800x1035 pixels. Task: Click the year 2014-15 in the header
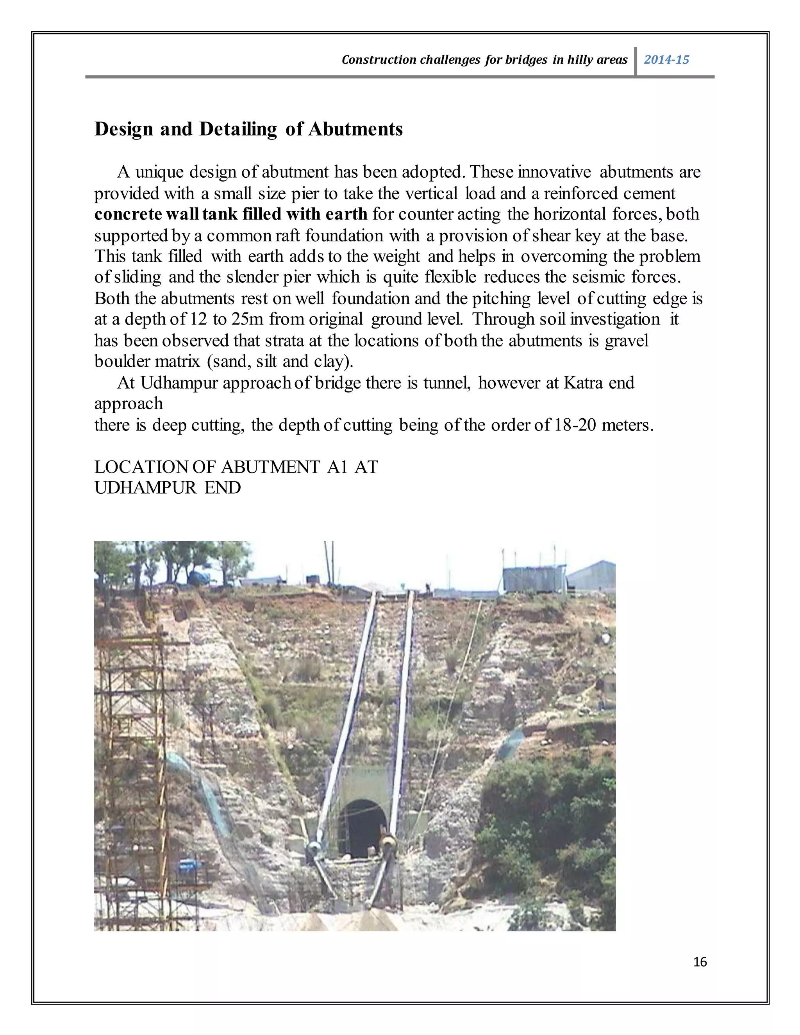tap(666, 60)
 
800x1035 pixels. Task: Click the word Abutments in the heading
tap(355, 129)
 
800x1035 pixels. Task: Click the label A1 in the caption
tap(337, 467)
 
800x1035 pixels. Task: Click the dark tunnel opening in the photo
tap(363, 828)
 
